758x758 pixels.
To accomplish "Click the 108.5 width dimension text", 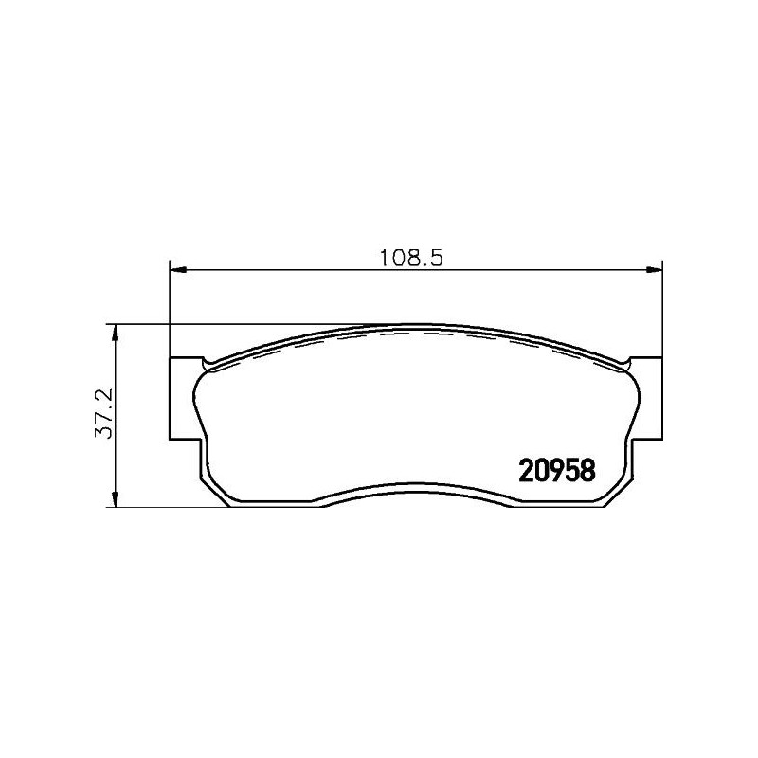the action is click(x=410, y=258).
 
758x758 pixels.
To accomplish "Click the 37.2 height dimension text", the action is click(x=103, y=413).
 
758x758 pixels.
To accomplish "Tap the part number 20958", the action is click(x=556, y=470).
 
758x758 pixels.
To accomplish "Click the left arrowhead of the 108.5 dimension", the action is click(x=178, y=270).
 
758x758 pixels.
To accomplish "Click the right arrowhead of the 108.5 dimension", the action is click(x=654, y=270).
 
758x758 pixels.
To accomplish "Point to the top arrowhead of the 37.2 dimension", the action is click(x=115, y=333).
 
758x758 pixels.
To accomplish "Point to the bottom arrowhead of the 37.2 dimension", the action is click(x=115, y=498).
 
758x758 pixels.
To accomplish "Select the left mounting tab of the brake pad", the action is click(x=185, y=398).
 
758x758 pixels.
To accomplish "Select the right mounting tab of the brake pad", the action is click(x=647, y=398).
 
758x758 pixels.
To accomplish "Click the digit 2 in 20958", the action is click(x=526, y=470).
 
